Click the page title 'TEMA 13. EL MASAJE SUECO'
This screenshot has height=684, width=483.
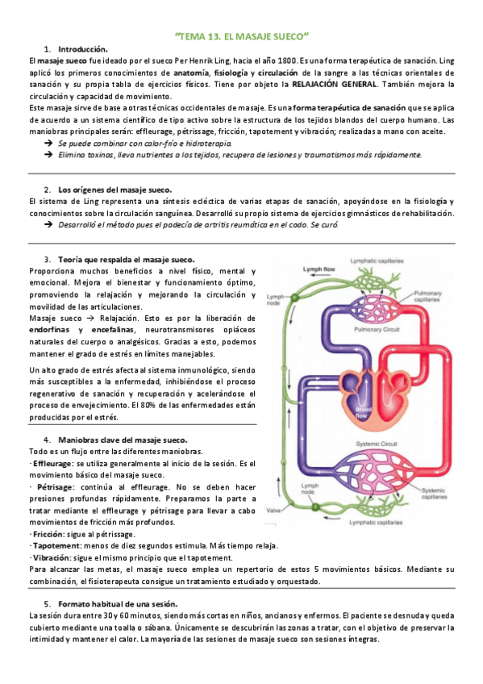click(x=242, y=36)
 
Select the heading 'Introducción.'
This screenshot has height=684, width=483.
click(x=83, y=50)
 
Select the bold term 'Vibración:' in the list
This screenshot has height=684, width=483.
click(x=51, y=558)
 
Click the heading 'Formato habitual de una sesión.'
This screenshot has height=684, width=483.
click(x=118, y=604)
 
